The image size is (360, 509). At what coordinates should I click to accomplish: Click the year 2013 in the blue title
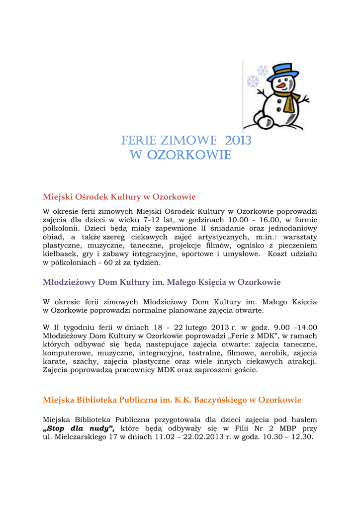[x=238, y=141]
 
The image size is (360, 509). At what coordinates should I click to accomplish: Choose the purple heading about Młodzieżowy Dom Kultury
[x=162, y=282]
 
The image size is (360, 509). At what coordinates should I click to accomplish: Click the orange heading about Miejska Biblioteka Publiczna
[x=172, y=400]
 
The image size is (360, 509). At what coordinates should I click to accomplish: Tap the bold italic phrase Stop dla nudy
[x=79, y=428]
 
